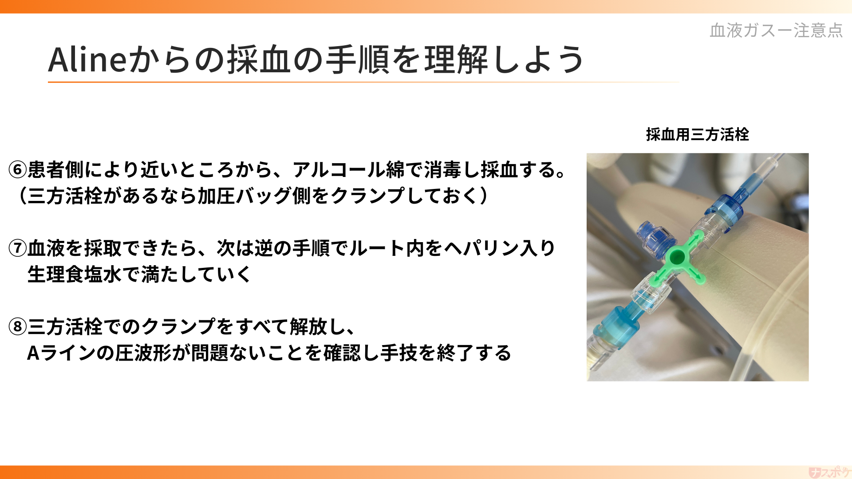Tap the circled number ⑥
tap(18, 170)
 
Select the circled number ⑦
tap(18, 248)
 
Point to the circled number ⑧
tap(18, 327)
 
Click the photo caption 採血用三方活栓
tap(697, 134)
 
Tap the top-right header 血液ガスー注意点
tap(776, 30)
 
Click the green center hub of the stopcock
tap(677, 257)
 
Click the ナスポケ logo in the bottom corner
tap(828, 472)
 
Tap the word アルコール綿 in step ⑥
tap(348, 170)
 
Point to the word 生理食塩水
tap(74, 275)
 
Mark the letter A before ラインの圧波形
tap(33, 353)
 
